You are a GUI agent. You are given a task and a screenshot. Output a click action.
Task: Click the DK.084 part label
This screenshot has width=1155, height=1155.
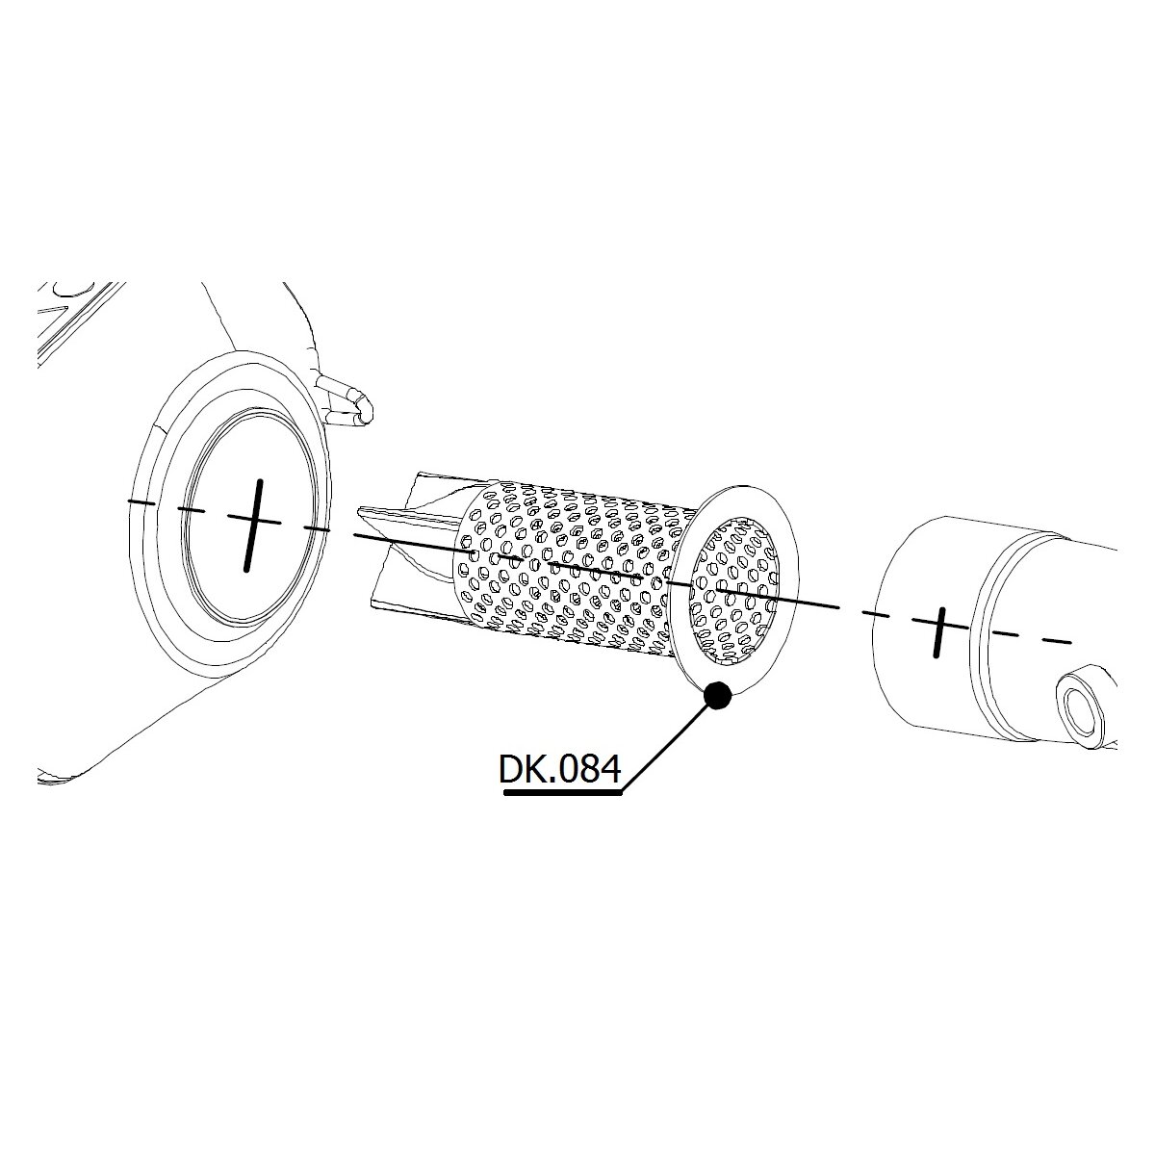pos(559,769)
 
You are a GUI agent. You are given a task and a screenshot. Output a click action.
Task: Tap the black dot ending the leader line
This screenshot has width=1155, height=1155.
pos(717,696)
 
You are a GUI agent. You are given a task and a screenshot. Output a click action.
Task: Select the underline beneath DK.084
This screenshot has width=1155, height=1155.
pos(563,793)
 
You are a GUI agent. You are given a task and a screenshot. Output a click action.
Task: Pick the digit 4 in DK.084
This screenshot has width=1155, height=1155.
pos(609,769)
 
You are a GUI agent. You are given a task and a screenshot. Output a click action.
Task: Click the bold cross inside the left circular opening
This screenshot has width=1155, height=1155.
pos(254,526)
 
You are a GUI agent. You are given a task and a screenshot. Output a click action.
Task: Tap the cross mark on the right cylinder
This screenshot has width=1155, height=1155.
pos(939,632)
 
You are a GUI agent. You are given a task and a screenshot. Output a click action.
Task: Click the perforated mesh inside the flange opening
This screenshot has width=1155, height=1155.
pos(734,590)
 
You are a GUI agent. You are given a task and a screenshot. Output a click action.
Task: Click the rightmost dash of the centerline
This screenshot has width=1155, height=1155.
pos(1057,640)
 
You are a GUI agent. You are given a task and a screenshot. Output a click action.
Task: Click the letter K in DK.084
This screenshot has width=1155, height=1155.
pos(538,769)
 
